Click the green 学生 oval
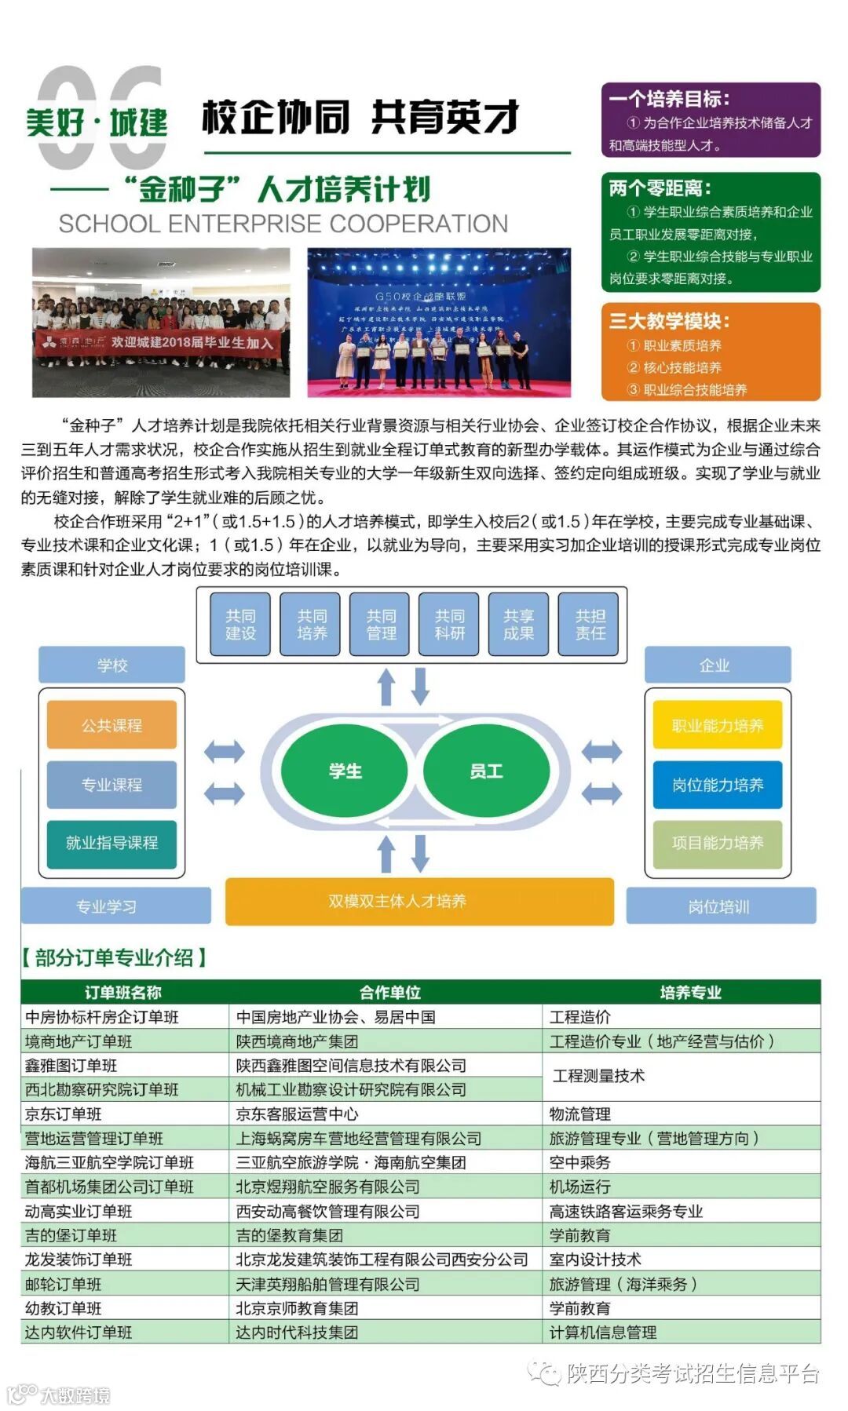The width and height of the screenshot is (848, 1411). [345, 771]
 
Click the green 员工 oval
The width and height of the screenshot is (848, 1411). [486, 771]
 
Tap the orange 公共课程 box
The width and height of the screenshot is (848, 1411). [111, 725]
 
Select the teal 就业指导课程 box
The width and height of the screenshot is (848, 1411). [111, 843]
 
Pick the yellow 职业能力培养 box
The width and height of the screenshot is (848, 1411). [717, 725]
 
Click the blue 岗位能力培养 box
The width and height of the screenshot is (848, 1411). [717, 784]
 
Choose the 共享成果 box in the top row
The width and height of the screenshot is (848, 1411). [518, 625]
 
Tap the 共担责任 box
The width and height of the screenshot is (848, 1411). [590, 625]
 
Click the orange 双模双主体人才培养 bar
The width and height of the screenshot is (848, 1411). [419, 901]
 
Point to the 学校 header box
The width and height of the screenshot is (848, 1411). [111, 665]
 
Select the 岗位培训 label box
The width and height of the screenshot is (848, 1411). [720, 906]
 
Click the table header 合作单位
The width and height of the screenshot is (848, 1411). [389, 992]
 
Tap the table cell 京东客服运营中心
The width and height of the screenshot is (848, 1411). [298, 1114]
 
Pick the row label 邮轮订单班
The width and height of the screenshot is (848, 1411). [64, 1284]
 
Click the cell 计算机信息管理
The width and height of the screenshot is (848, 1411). [603, 1332]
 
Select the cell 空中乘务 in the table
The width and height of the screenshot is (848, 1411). [579, 1162]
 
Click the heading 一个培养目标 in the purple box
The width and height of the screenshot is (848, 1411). [669, 99]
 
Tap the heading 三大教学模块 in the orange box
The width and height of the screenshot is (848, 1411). [669, 320]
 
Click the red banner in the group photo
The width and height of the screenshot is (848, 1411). [157, 342]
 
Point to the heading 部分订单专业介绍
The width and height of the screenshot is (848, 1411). [115, 957]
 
